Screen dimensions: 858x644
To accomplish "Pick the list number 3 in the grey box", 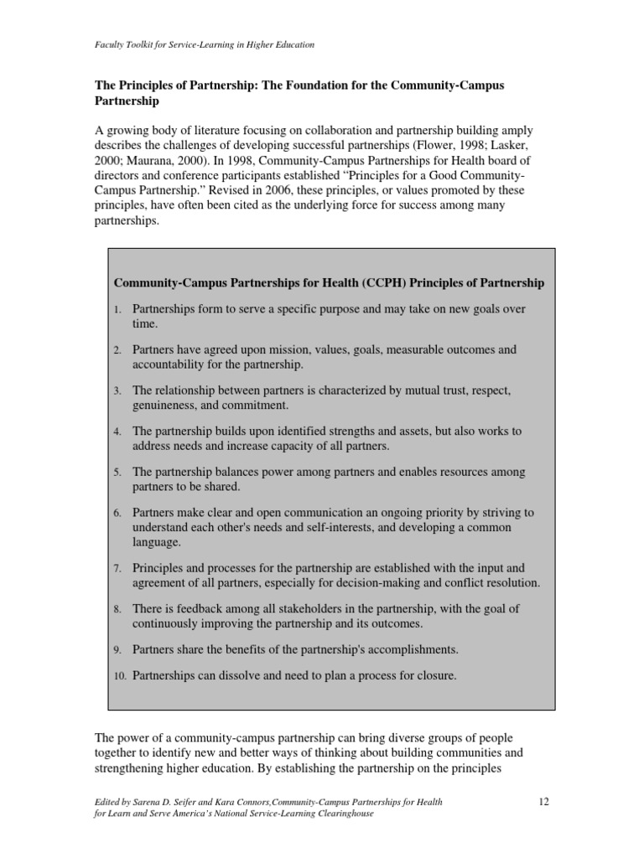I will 118,391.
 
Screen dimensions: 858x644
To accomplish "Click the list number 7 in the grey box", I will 118,569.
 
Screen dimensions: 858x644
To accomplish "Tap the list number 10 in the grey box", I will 120,676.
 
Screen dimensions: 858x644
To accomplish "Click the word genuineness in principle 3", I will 164,406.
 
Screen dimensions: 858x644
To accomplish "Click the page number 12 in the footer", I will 543,803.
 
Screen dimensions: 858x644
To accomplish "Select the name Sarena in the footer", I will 149,803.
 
